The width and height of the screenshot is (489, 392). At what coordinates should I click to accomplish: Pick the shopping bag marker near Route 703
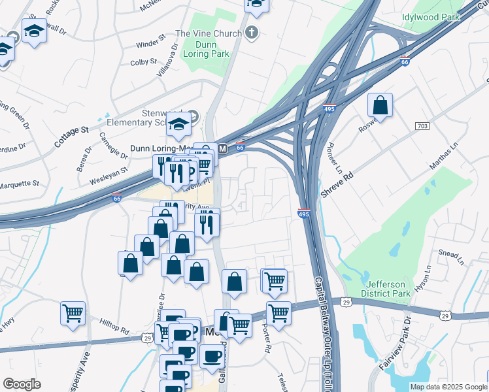[x=380, y=105]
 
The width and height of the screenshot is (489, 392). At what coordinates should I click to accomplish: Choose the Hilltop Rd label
[x=114, y=327]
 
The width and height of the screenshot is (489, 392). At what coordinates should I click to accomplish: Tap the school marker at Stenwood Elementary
[x=178, y=124]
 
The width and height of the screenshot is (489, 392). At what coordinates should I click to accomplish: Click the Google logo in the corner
[x=22, y=384]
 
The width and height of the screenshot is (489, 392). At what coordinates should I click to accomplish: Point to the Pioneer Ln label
[x=334, y=154]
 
